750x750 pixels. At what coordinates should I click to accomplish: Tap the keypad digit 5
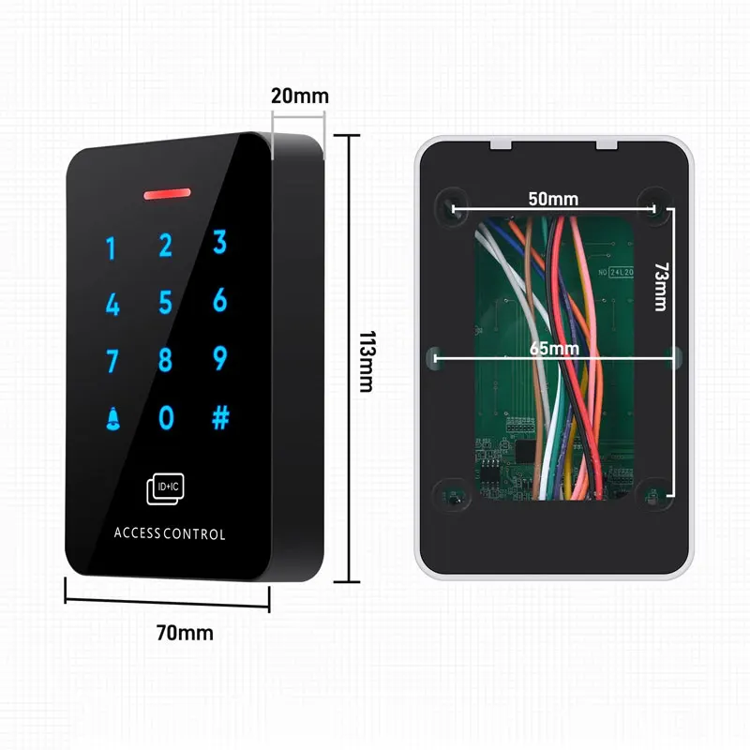166,303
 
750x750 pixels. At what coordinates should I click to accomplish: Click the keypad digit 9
220,358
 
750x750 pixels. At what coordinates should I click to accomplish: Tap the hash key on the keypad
220,417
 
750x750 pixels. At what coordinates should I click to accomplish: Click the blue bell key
112,418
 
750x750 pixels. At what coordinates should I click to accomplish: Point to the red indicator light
167,195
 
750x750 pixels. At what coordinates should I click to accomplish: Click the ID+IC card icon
165,487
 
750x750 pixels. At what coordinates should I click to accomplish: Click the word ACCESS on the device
138,534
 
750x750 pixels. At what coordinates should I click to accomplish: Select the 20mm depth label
299,96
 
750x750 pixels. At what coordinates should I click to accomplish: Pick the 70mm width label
184,633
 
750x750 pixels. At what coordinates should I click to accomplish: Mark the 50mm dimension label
552,199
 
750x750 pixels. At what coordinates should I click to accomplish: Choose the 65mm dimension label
553,348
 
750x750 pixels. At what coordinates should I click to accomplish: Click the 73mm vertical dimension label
660,286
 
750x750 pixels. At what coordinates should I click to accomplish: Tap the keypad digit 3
220,243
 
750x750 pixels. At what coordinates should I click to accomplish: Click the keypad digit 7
112,361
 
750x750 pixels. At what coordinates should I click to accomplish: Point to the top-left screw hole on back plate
448,205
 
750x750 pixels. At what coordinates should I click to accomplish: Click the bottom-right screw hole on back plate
655,490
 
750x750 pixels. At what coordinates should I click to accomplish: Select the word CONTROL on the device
194,534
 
